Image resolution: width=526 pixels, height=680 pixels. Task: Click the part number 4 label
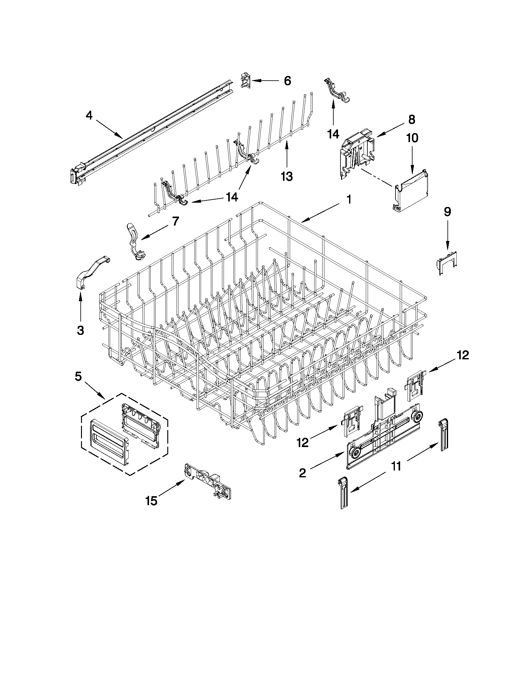pos(89,116)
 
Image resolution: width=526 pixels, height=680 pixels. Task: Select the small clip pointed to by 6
pos(246,81)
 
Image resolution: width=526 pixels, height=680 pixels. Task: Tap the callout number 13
pos(286,176)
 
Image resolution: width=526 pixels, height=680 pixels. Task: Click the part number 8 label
pos(411,120)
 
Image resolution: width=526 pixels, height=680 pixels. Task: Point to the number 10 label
pos(412,138)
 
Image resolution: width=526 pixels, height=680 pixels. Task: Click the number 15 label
pos(151,501)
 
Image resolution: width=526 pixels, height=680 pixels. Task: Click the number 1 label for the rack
pos(349,199)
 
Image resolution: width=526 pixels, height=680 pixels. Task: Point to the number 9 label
pos(447,212)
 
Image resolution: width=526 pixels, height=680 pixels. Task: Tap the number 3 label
pos(80,330)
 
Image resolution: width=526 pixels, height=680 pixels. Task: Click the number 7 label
pos(175,222)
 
